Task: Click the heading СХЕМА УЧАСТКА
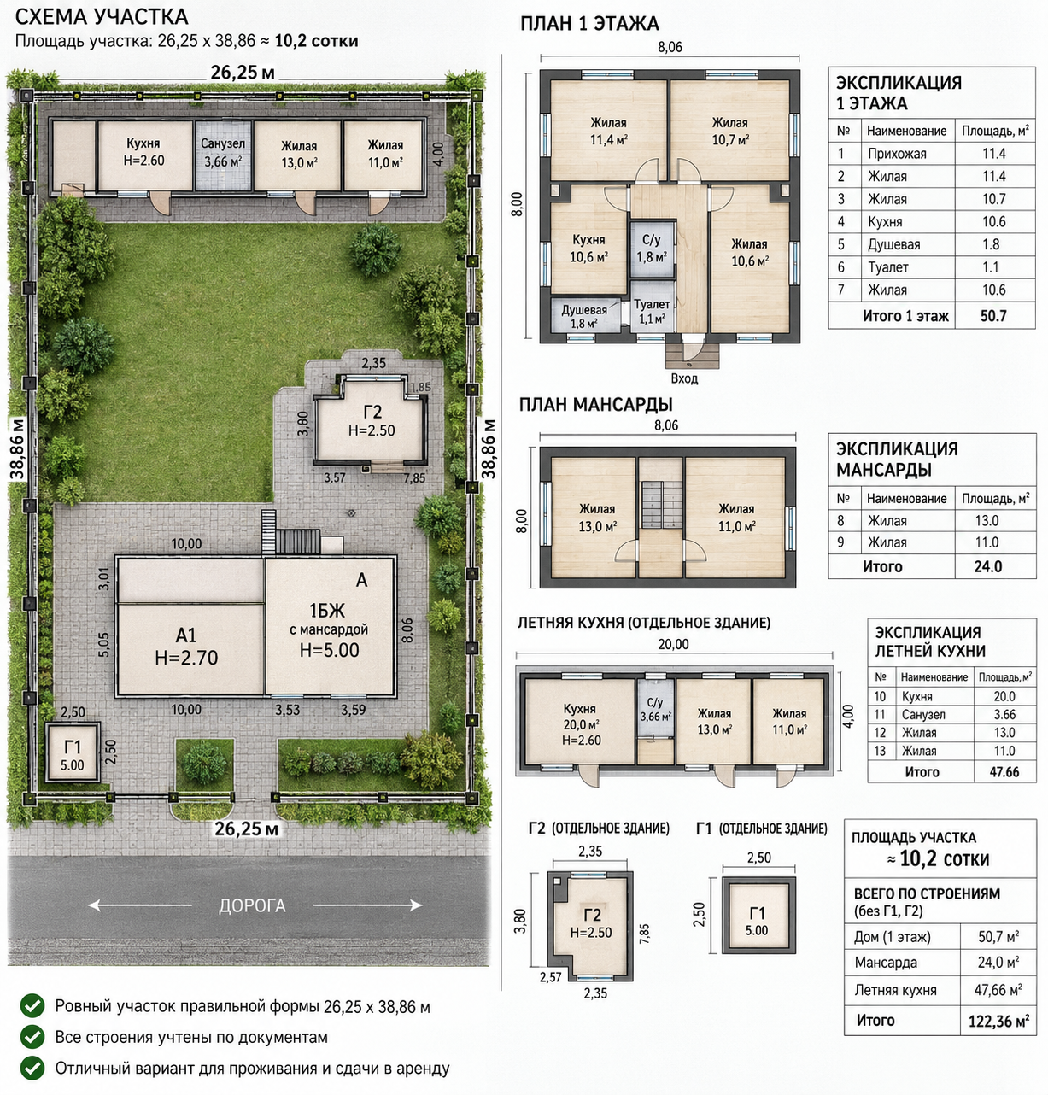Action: (102, 17)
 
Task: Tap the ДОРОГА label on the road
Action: (252, 905)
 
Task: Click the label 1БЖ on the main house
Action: (326, 610)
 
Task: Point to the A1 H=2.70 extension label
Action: (186, 646)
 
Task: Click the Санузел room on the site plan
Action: (223, 155)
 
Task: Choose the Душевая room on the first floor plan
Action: (585, 316)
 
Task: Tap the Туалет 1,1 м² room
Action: (652, 311)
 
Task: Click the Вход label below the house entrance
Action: (684, 378)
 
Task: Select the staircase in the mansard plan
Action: (661, 504)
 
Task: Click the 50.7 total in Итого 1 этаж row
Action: (993, 316)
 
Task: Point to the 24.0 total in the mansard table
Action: (988, 566)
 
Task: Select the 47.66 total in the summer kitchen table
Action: (1004, 772)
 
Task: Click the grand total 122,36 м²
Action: (998, 1021)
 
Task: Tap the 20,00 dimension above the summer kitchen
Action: (673, 644)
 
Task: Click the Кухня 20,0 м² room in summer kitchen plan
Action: (579, 723)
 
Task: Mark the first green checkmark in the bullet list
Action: (32, 1005)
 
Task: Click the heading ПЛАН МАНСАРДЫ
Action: (595, 405)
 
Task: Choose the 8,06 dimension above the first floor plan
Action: (670, 47)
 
